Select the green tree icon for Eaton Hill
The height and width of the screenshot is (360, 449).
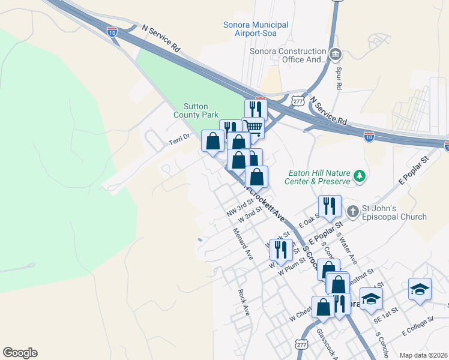(360, 176)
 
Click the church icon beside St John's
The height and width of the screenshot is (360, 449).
(353, 211)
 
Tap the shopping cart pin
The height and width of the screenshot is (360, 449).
(253, 127)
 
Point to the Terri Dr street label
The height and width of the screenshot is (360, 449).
(178, 137)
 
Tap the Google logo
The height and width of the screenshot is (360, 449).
(20, 353)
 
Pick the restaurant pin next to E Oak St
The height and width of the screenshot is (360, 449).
(330, 206)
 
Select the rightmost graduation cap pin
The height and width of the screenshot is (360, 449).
(420, 289)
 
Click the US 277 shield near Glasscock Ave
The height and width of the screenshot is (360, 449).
(302, 343)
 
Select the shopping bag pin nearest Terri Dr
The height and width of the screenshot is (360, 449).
(212, 141)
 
